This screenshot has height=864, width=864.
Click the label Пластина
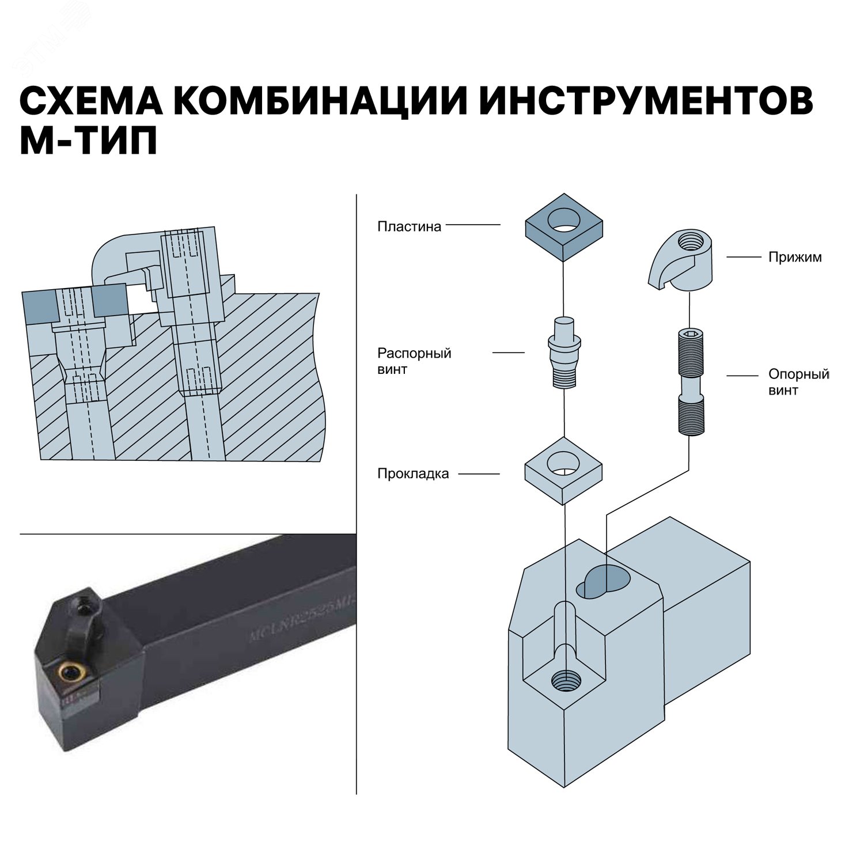point(409,226)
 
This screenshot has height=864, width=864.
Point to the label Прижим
point(795,257)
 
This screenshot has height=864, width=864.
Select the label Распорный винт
point(414,361)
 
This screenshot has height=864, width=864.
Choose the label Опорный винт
point(798,382)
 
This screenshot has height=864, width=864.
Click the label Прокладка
point(412,474)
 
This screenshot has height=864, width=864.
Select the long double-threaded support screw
point(690,381)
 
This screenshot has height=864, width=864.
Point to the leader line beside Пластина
point(473,225)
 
